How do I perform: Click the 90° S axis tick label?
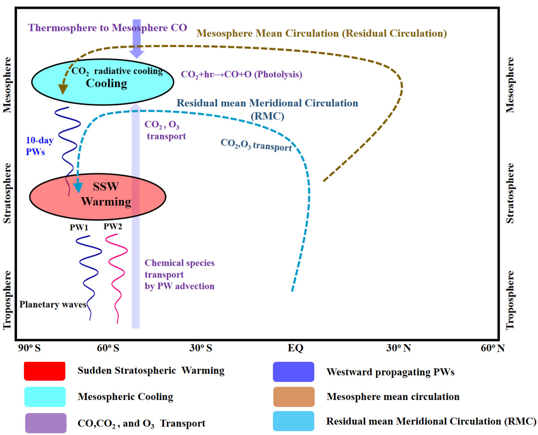coord(29,348)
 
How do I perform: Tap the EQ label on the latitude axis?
coord(295,348)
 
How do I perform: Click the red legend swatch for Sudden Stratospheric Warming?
coord(45,371)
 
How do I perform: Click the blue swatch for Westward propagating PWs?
coord(293,372)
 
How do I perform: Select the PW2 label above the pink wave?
coord(113,227)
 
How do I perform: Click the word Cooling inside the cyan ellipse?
coord(106,83)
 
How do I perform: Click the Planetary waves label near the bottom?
coord(53,304)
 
